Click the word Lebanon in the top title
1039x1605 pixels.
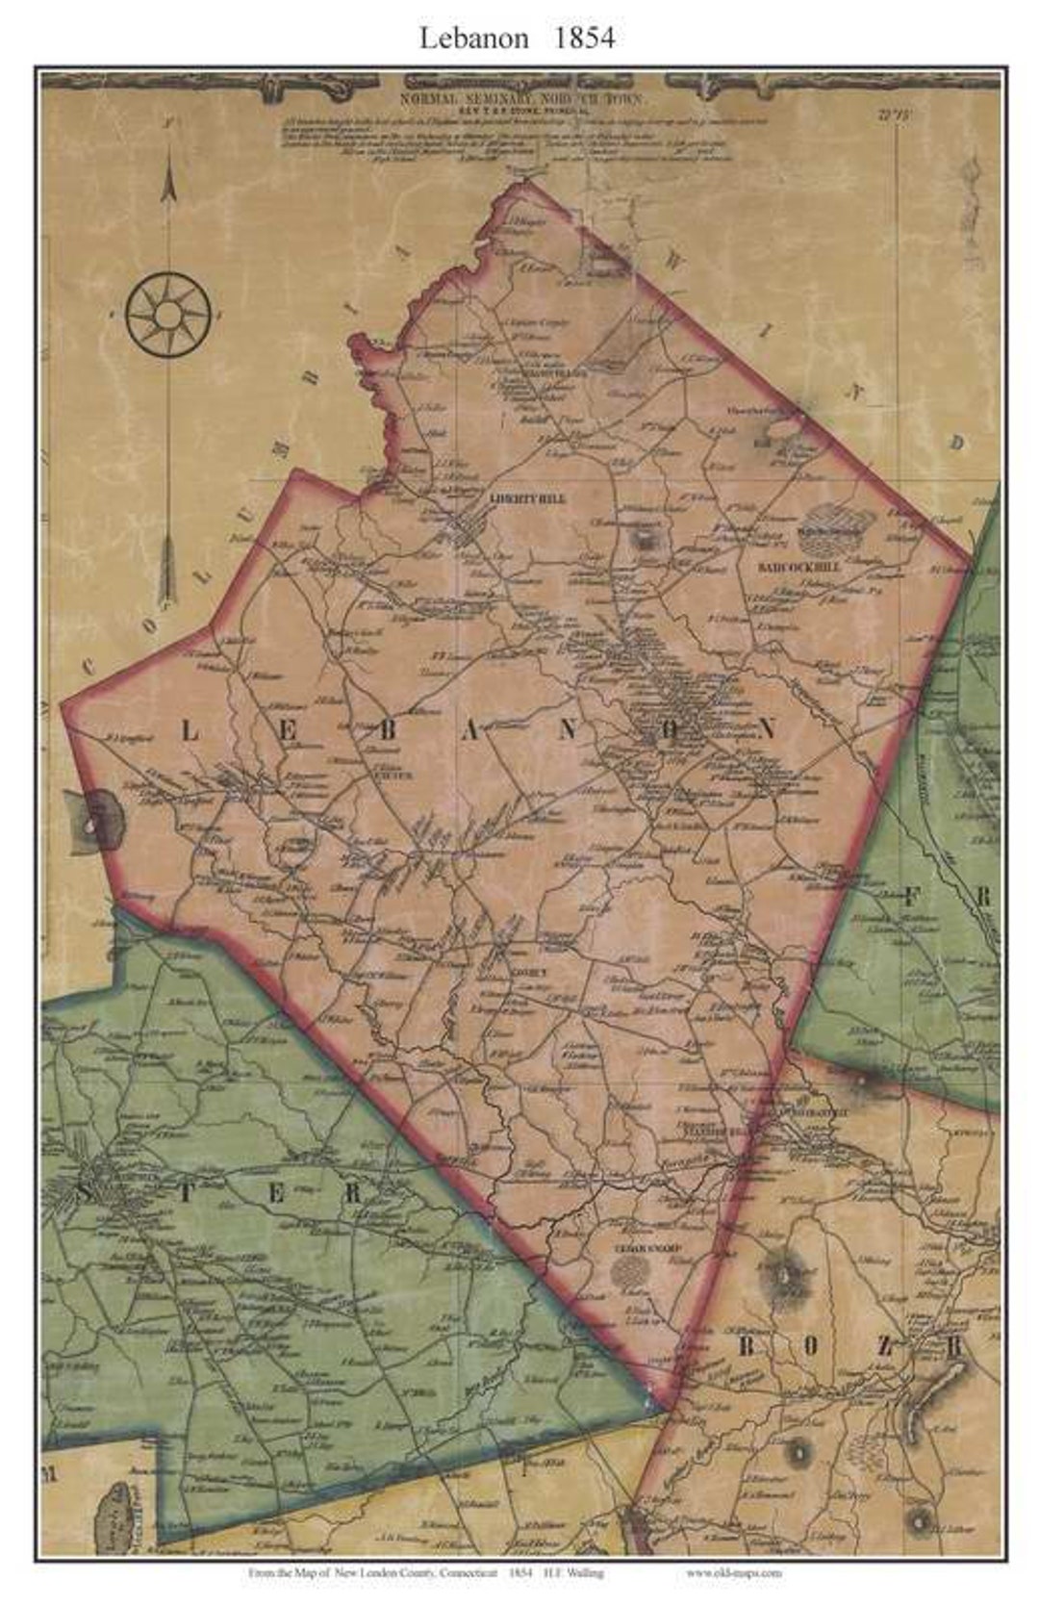[x=473, y=38]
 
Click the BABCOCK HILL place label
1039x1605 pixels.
[x=798, y=568]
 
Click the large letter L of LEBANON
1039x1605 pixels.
[x=190, y=731]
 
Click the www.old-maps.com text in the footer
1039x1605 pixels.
[x=734, y=1572]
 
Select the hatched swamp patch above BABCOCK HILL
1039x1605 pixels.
[x=836, y=525]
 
